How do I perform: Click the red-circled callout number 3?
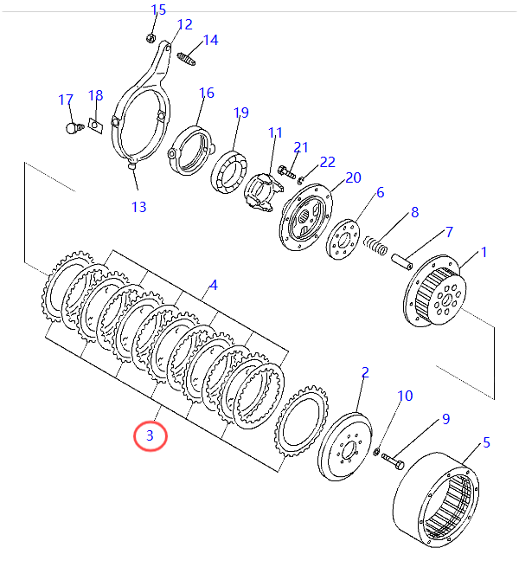(150, 435)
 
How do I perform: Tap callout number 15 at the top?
(158, 10)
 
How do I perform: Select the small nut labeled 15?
(151, 38)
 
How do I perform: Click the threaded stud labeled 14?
(186, 59)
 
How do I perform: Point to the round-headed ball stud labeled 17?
(74, 128)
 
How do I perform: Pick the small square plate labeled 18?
(95, 126)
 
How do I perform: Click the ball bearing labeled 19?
(229, 172)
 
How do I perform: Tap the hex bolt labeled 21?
(286, 171)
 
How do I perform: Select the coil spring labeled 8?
(375, 246)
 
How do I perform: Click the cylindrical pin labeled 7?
(402, 262)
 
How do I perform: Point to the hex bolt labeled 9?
(393, 461)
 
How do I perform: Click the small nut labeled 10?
(376, 452)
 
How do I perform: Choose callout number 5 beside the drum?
(486, 442)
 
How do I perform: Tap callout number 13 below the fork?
(139, 207)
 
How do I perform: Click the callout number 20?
(353, 178)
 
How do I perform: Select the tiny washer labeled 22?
(300, 180)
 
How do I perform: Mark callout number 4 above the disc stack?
(214, 285)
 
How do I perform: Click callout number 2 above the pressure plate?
(365, 372)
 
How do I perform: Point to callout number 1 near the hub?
(484, 252)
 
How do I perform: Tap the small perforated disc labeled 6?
(343, 240)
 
